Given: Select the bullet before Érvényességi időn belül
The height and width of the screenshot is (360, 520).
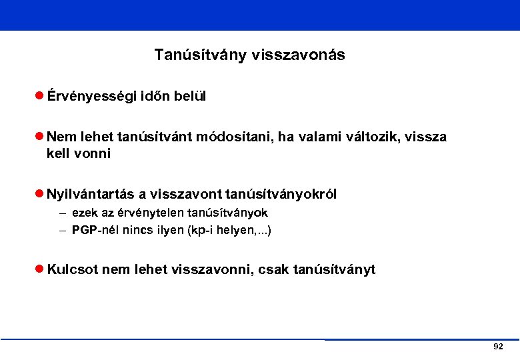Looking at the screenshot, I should click(x=39, y=97).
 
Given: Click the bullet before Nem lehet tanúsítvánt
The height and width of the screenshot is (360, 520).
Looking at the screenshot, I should click(x=39, y=137).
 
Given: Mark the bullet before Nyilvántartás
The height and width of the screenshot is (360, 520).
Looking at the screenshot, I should click(x=39, y=195).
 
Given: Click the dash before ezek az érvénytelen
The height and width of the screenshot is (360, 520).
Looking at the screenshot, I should click(x=62, y=213).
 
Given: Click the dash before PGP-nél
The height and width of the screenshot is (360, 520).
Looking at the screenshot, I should click(x=62, y=231).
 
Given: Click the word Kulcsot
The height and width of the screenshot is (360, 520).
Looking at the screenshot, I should click(x=71, y=270).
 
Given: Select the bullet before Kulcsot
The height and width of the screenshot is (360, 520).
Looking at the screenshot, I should click(x=39, y=270).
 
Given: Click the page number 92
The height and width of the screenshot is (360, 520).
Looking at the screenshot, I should click(x=497, y=347).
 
